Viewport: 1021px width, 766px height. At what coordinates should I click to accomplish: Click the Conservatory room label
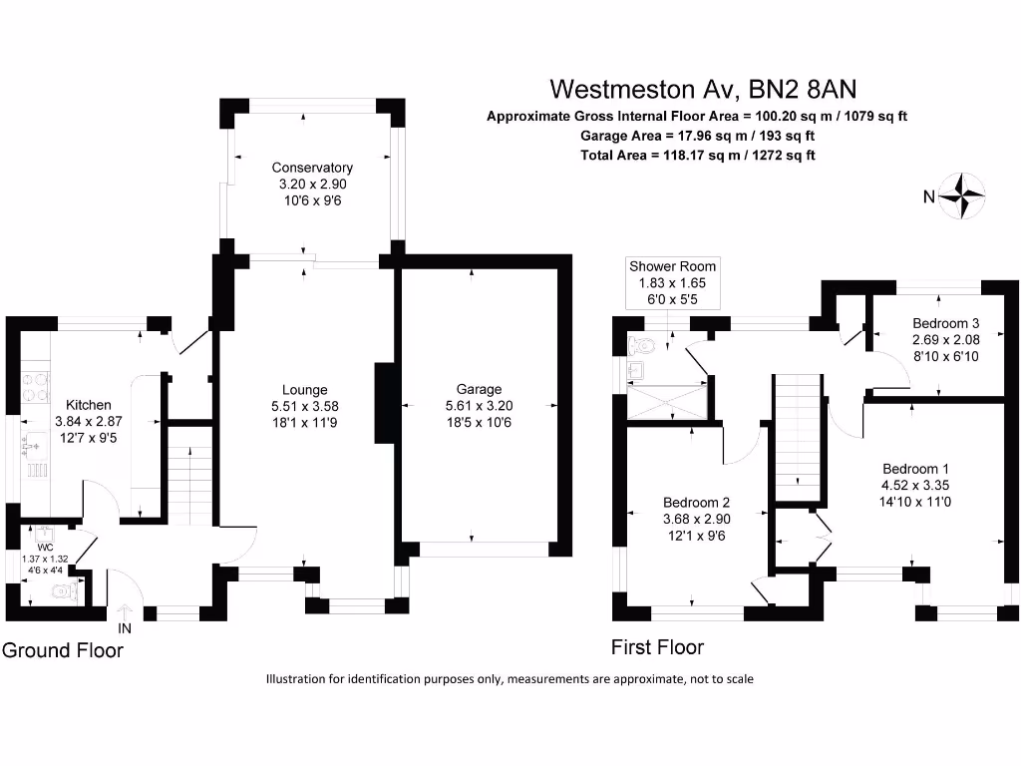(312, 168)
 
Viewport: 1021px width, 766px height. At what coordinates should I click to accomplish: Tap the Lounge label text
(305, 389)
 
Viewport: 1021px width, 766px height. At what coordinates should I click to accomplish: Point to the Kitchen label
(89, 405)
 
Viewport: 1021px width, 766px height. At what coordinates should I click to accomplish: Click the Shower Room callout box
(672, 282)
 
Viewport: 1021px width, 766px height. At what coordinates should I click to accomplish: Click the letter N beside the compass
(928, 197)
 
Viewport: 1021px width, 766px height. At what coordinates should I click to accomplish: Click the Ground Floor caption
(63, 650)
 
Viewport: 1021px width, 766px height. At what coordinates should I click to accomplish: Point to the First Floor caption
(657, 647)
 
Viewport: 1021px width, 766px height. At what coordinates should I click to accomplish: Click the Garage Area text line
(697, 136)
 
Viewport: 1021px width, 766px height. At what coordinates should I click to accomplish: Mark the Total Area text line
(697, 156)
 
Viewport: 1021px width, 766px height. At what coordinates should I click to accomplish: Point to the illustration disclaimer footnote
(510, 679)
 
